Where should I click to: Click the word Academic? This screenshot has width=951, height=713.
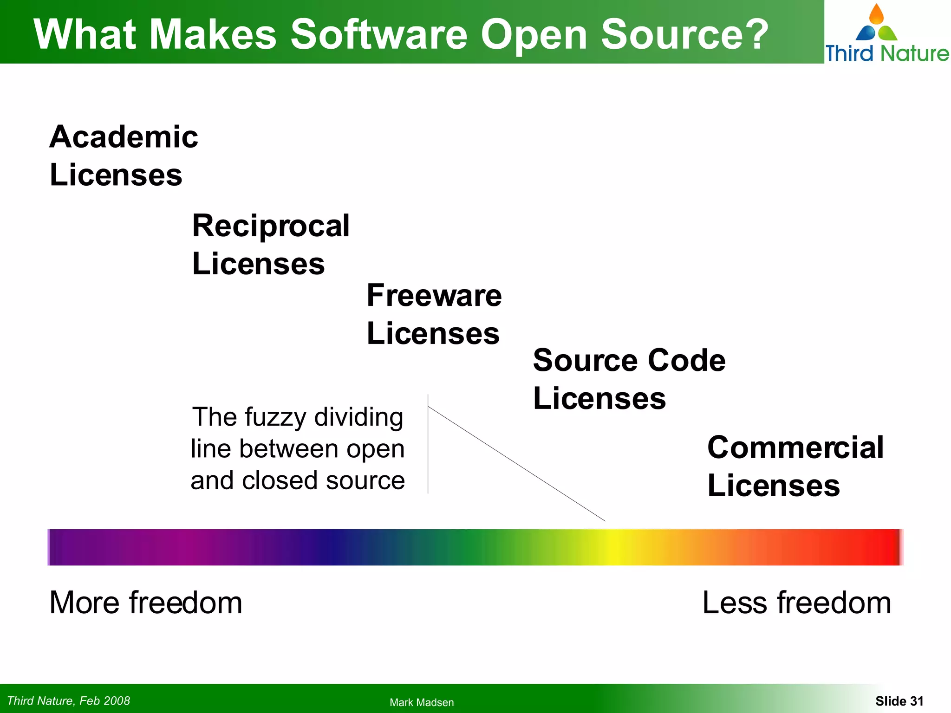point(124,137)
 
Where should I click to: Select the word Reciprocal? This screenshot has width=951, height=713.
point(271,226)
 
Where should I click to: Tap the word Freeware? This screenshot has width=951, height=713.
point(434,296)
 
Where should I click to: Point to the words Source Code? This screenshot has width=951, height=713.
point(629,361)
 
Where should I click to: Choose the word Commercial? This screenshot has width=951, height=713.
point(795,448)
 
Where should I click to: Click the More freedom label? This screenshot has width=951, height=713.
point(146,603)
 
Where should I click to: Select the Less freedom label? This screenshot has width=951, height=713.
point(796,603)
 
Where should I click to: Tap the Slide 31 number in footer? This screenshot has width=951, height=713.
point(899,701)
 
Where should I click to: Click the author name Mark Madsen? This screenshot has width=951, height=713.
point(422,702)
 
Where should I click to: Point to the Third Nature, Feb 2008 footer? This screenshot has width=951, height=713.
point(69,700)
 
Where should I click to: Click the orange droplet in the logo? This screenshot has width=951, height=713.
point(876,14)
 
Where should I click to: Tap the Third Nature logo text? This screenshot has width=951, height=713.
point(886,53)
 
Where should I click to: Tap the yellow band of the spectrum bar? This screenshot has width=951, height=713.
point(613,547)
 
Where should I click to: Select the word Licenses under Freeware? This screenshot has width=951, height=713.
point(433,334)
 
